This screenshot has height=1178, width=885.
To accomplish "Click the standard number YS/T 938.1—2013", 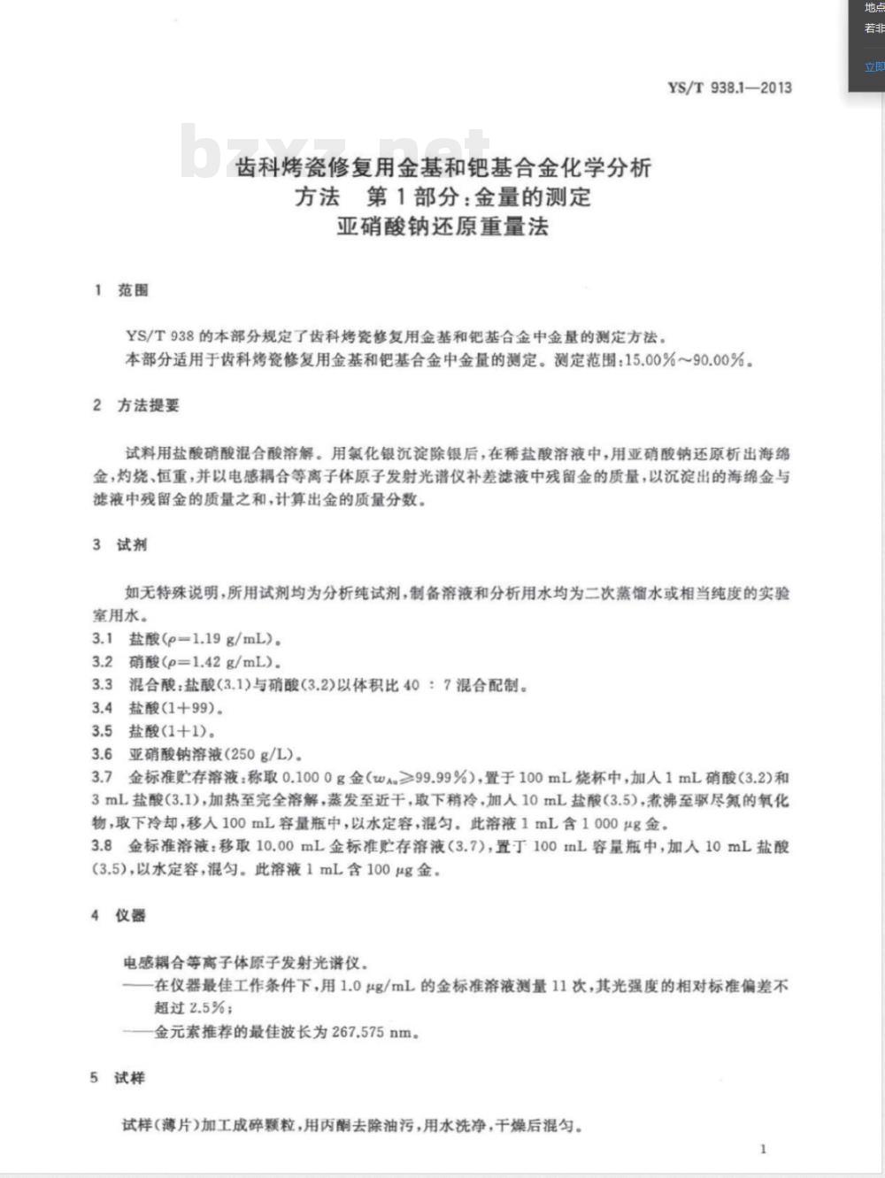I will click(729, 88).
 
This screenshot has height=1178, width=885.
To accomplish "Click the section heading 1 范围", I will click(121, 290).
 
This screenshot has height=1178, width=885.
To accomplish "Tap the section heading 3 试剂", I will click(120, 545).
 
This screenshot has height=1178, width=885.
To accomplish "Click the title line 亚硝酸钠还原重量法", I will click(442, 227).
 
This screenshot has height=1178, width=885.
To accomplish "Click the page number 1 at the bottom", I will click(763, 1149).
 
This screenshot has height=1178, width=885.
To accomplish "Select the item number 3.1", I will click(102, 639).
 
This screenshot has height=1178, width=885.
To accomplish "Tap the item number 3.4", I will click(102, 708).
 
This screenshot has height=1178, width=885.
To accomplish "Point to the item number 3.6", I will click(102, 754).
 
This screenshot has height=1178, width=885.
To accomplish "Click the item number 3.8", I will click(102, 846).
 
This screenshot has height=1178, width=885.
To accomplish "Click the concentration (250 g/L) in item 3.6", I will click(265, 755).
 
